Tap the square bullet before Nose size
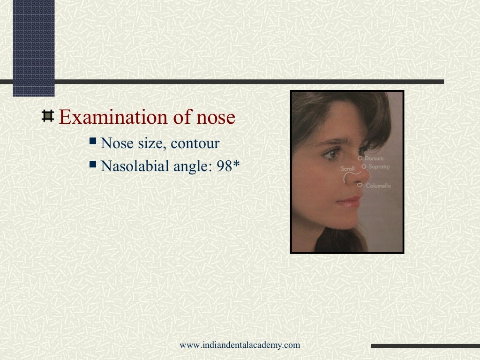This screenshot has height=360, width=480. [93, 141]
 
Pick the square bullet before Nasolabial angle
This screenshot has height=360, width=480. [93, 164]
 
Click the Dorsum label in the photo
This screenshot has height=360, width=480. [374, 158]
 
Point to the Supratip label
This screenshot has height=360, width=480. [379, 167]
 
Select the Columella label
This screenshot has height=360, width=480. [378, 186]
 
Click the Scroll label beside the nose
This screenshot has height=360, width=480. [347, 169]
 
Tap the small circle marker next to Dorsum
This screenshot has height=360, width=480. [360, 158]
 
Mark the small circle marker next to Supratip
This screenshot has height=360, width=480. [364, 166]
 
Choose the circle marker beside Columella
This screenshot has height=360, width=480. [360, 186]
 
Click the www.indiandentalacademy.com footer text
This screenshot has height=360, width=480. [240, 345]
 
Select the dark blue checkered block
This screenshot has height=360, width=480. [34, 47]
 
